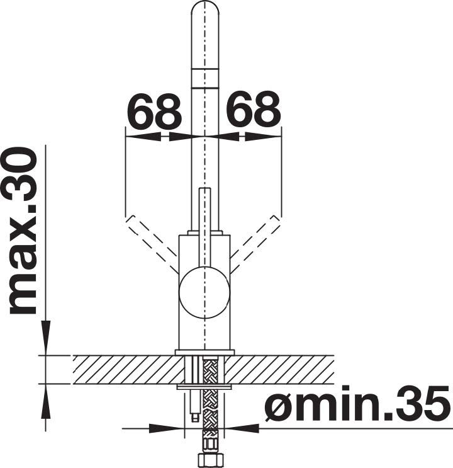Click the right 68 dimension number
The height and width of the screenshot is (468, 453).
[x=254, y=110]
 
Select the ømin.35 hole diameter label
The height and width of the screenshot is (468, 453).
[x=357, y=404]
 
